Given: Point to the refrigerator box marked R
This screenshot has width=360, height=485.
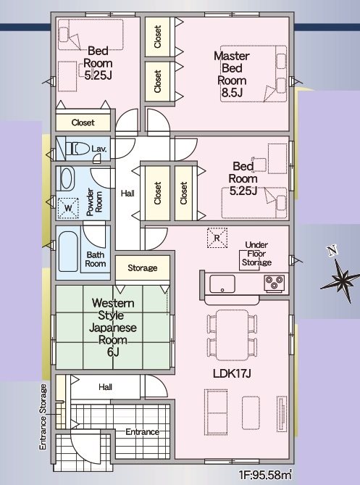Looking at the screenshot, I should coord(215,236).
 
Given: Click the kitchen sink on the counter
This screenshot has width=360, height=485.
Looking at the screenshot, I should coord(220,281).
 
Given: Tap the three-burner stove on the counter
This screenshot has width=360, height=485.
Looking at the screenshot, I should coord(275,282).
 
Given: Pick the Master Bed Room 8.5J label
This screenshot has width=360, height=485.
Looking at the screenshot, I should coord(233,74).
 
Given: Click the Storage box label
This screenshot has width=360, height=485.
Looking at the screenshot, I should coord(142,268).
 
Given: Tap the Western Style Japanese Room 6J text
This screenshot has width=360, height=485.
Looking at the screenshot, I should coord(112,327).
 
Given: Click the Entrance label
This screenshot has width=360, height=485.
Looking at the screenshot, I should coord(141,432).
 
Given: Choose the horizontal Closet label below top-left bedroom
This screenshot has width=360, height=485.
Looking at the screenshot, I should coord(83,123).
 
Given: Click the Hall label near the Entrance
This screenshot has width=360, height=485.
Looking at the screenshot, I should coord(106,387).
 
